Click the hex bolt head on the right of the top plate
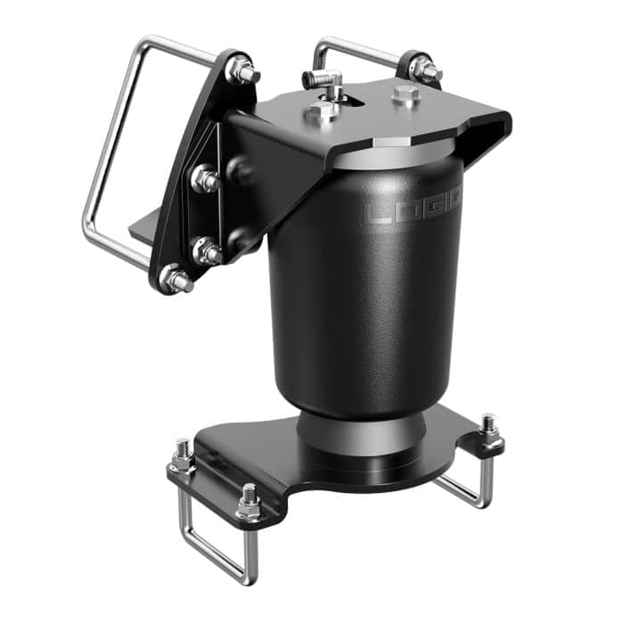click(x=406, y=95)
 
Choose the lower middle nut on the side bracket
click(x=207, y=252)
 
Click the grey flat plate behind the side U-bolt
click(x=147, y=227)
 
